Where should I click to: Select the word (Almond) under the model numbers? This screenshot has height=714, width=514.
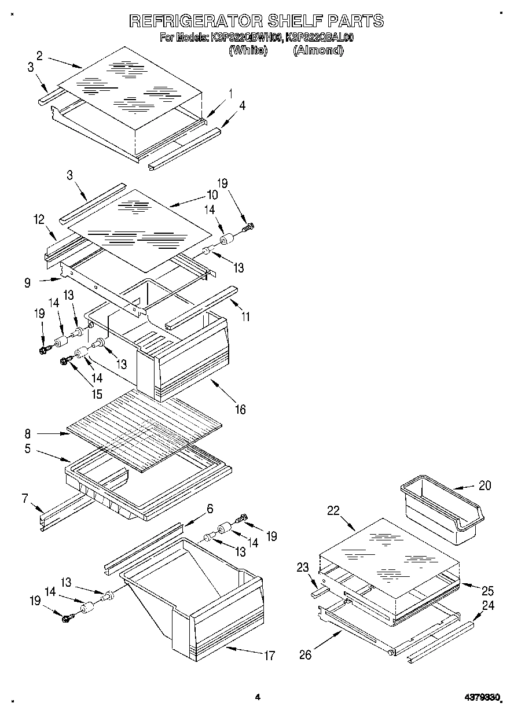[x=318, y=50]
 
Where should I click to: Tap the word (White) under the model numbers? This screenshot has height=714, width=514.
[x=248, y=50]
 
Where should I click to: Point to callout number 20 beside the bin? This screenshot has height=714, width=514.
[x=484, y=485]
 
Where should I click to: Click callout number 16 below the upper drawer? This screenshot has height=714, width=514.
[x=240, y=410]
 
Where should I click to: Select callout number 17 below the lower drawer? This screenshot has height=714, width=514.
[x=269, y=656]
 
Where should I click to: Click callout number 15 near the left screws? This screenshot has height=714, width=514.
[x=96, y=395]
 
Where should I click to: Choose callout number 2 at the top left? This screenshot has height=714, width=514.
[x=39, y=56]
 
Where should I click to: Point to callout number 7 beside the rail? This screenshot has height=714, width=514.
[x=25, y=498]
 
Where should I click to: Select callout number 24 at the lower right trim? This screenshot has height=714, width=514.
[x=488, y=606]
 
